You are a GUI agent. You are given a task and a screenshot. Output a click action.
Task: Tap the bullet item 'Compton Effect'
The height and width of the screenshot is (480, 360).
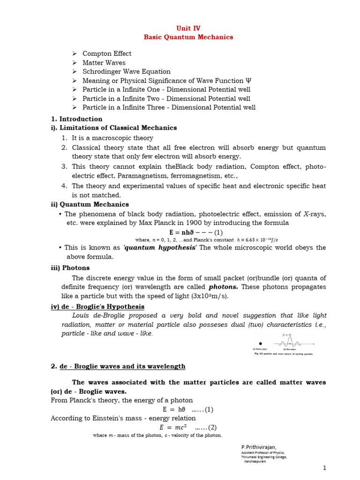coord(107,53)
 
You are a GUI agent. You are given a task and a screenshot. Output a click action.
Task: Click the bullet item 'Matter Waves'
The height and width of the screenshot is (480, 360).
coord(104,62)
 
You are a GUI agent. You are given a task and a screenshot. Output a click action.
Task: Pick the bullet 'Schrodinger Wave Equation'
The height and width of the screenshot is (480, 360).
coord(126,71)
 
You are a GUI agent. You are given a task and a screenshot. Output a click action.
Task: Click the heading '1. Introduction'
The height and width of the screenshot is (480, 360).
coord(76,119)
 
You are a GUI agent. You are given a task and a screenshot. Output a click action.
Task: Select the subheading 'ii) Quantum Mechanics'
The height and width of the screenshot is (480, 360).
coord(90,204)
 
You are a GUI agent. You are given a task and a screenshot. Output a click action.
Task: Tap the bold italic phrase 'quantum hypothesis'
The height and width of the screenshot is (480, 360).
coord(166,248)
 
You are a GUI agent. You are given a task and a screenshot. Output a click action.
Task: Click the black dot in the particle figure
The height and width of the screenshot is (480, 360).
coord(261,344)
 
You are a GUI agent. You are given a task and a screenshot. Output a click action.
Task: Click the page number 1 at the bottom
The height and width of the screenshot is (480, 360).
coord(324,468)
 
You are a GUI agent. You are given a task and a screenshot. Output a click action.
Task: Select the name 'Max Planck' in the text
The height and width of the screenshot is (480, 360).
coord(169,223)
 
